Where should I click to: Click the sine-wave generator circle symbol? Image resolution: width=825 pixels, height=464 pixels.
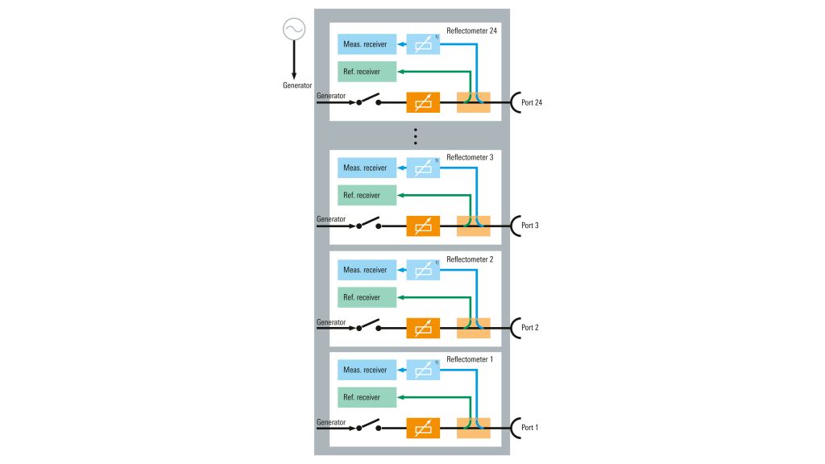click(293, 30)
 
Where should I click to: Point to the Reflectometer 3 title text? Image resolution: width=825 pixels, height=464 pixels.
click(470, 157)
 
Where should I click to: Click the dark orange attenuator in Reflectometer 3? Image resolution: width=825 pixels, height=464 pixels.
click(423, 226)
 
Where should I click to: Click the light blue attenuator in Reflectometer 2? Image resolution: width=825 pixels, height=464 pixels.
click(423, 270)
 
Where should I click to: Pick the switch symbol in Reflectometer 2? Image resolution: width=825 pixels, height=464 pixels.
click(367, 326)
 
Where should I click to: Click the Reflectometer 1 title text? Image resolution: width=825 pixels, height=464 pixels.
click(470, 358)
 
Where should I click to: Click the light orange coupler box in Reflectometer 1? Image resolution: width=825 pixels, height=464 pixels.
click(473, 427)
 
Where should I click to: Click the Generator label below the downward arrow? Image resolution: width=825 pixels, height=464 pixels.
click(297, 85)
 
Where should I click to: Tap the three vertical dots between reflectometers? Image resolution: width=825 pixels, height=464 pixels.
click(416, 135)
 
